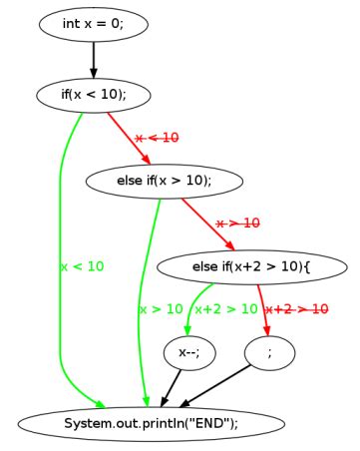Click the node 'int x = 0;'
pyautogui.click(x=93, y=24)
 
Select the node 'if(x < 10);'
pyautogui.click(x=93, y=95)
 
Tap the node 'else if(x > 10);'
pyautogui.click(x=165, y=181)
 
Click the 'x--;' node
pyautogui.click(x=187, y=352)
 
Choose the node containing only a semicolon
pyautogui.click(x=270, y=352)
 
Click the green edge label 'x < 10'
pyautogui.click(x=82, y=266)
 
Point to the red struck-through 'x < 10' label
pyautogui.click(x=158, y=138)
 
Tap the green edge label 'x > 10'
pyautogui.click(x=162, y=309)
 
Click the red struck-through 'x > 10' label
pyautogui.click(x=237, y=224)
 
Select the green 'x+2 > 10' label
pyautogui.click(x=226, y=309)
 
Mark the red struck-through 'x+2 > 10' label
pyautogui.click(x=297, y=309)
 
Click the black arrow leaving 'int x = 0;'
pyautogui.click(x=93, y=59)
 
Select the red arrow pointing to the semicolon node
pyautogui.click(x=263, y=309)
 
